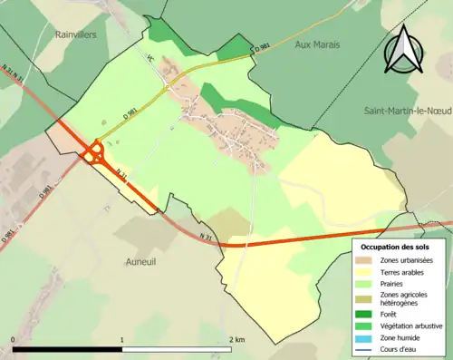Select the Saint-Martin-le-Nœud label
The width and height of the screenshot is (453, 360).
click(x=407, y=111)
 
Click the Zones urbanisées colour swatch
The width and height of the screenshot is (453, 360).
click(x=366, y=260)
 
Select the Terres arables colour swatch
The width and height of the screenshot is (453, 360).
click(x=366, y=272)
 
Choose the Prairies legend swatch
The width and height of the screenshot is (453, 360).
click(x=366, y=284)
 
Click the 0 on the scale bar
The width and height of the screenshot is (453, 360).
click(x=13, y=340)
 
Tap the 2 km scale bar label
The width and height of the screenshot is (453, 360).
click(x=237, y=340)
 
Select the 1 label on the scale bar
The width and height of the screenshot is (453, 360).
click(x=122, y=340)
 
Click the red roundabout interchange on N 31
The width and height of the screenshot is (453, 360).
click(x=95, y=153)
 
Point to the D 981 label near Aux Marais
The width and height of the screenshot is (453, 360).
click(x=261, y=47)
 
